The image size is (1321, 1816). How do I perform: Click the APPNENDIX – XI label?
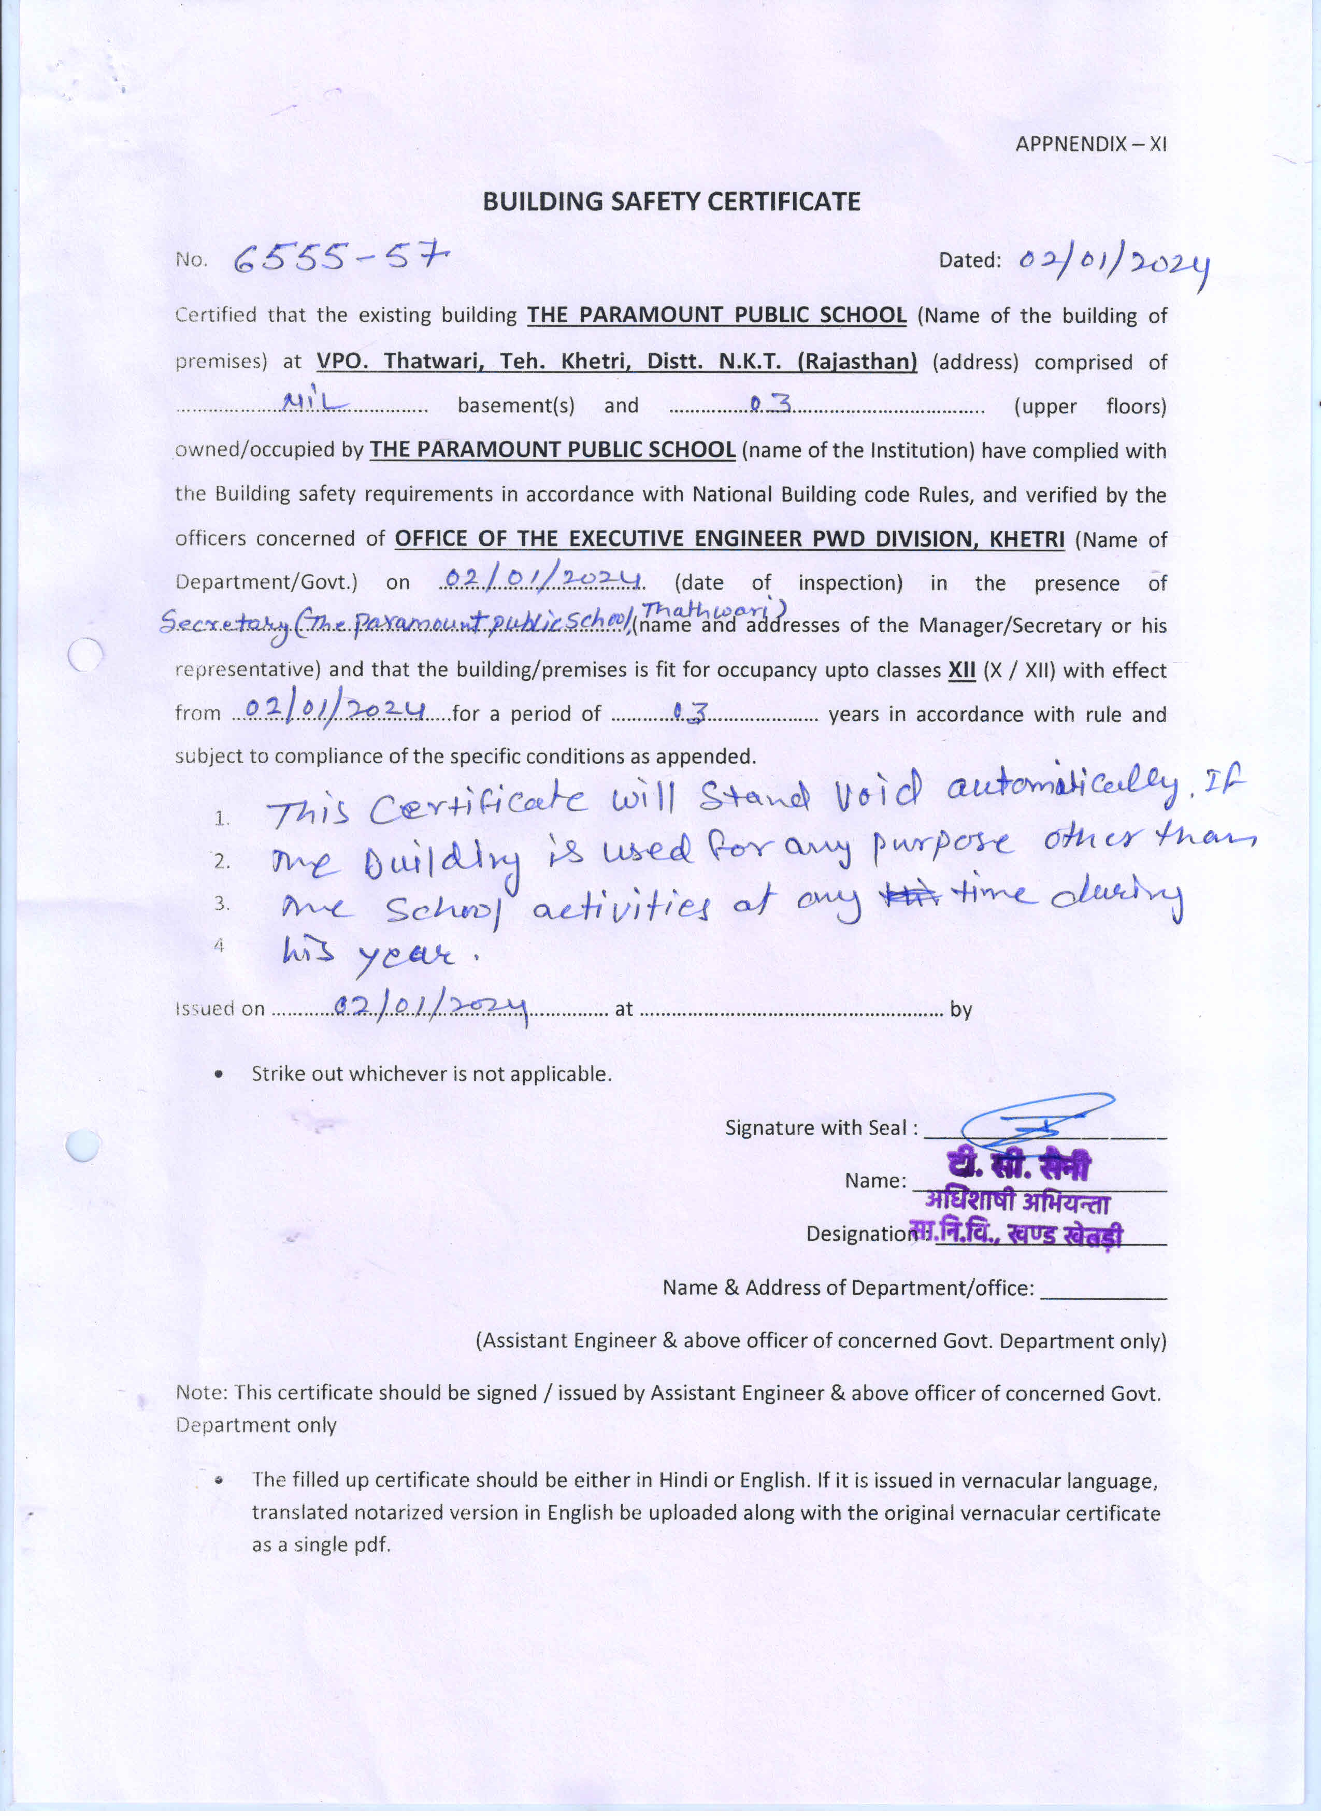click(1090, 144)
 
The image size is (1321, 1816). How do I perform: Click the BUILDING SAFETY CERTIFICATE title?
click(671, 202)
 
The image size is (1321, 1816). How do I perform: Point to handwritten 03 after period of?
click(690, 711)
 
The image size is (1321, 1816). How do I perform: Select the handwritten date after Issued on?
click(430, 1007)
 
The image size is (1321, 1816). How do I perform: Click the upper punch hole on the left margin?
click(85, 655)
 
